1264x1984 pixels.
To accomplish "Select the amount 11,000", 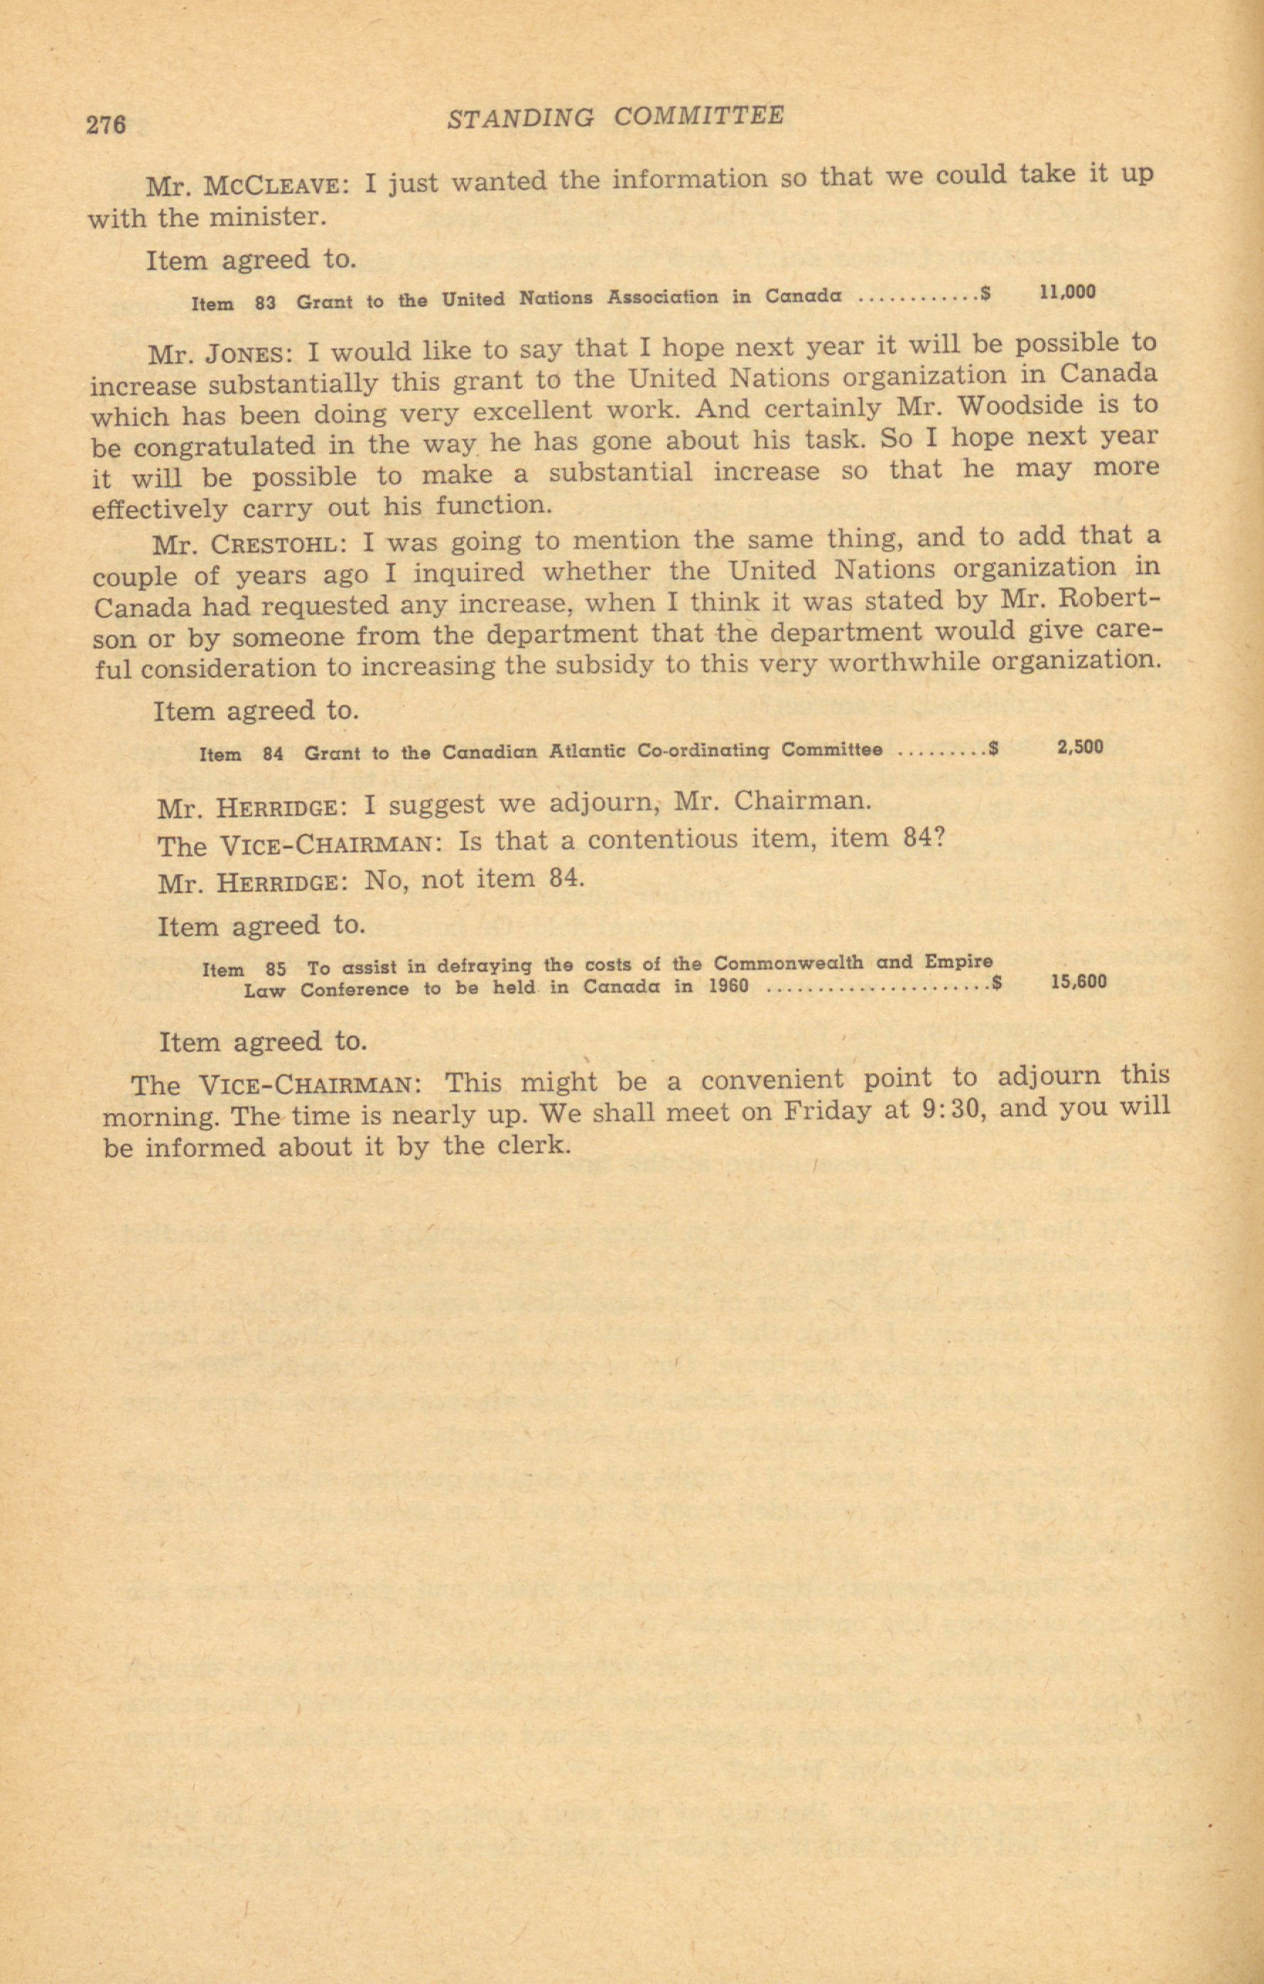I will point(1067,292).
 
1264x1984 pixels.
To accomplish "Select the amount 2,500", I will point(1079,747).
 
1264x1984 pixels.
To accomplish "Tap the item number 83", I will point(265,302).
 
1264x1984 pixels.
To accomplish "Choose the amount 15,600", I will point(1079,981).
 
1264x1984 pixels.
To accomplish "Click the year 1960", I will point(728,986).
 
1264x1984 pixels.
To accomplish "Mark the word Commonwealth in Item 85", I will point(789,962).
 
